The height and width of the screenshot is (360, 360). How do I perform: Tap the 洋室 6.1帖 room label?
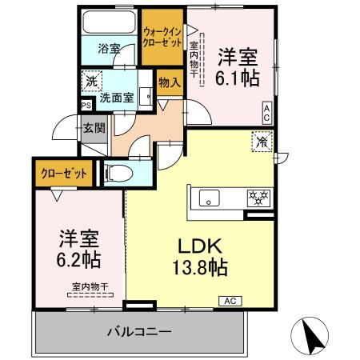[x=238, y=68]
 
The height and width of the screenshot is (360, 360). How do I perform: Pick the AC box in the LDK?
[x=229, y=301]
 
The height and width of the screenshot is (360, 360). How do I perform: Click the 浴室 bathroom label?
[x=109, y=49]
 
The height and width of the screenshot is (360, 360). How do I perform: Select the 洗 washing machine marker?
[x=92, y=81]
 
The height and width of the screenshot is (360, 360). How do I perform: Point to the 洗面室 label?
[x=117, y=98]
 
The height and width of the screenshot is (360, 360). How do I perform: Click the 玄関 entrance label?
[x=94, y=127]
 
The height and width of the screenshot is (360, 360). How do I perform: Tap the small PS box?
[x=85, y=103]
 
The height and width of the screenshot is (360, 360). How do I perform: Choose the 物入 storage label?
[x=169, y=82]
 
